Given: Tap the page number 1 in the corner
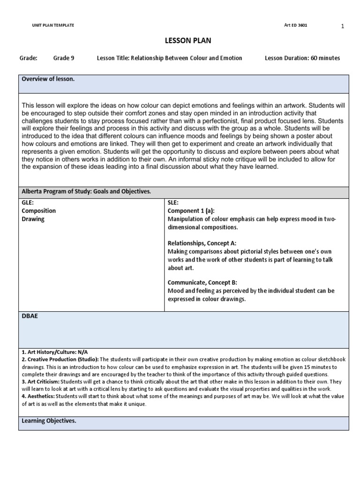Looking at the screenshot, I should point(343,26).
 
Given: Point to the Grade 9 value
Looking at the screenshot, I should point(63,58).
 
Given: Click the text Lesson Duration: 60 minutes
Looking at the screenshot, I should point(302,58).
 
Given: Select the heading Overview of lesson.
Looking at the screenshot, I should point(48,79).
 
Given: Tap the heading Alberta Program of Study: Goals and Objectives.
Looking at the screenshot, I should point(86,192).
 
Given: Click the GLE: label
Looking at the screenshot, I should point(29,203).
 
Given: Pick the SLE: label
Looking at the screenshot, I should point(173,203).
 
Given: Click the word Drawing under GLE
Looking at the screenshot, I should point(33,219).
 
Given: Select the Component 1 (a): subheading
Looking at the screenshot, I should point(191,211).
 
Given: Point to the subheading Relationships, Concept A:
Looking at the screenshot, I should point(202,243).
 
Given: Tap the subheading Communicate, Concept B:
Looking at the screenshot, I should point(202,282).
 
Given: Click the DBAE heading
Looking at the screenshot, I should point(30,316).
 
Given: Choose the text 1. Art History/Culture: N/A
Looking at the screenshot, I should point(55,352).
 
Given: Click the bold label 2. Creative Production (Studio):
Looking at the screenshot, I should point(60,360).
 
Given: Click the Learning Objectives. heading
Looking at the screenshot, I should point(49,421).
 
